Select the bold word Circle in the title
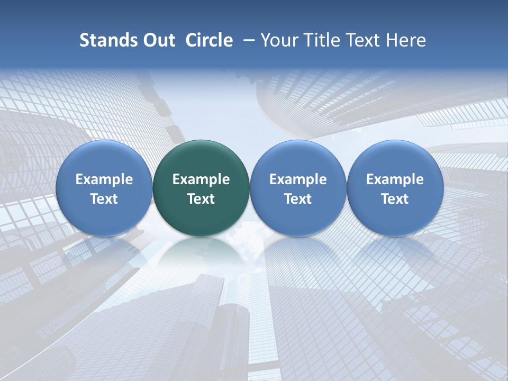pos(209,40)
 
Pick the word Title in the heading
pos(321,40)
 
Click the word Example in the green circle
pos(201,179)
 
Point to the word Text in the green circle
pos(201,199)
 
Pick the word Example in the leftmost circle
pos(104,179)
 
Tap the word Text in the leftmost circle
pos(104,199)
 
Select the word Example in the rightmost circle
pos(395,179)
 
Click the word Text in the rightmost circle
pos(395,199)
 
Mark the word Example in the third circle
pos(298,179)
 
